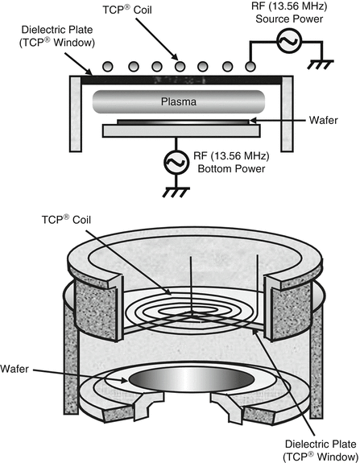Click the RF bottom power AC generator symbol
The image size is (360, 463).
[172, 163]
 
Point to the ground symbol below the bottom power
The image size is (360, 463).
[172, 194]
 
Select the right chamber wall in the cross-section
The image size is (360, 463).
[284, 114]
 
